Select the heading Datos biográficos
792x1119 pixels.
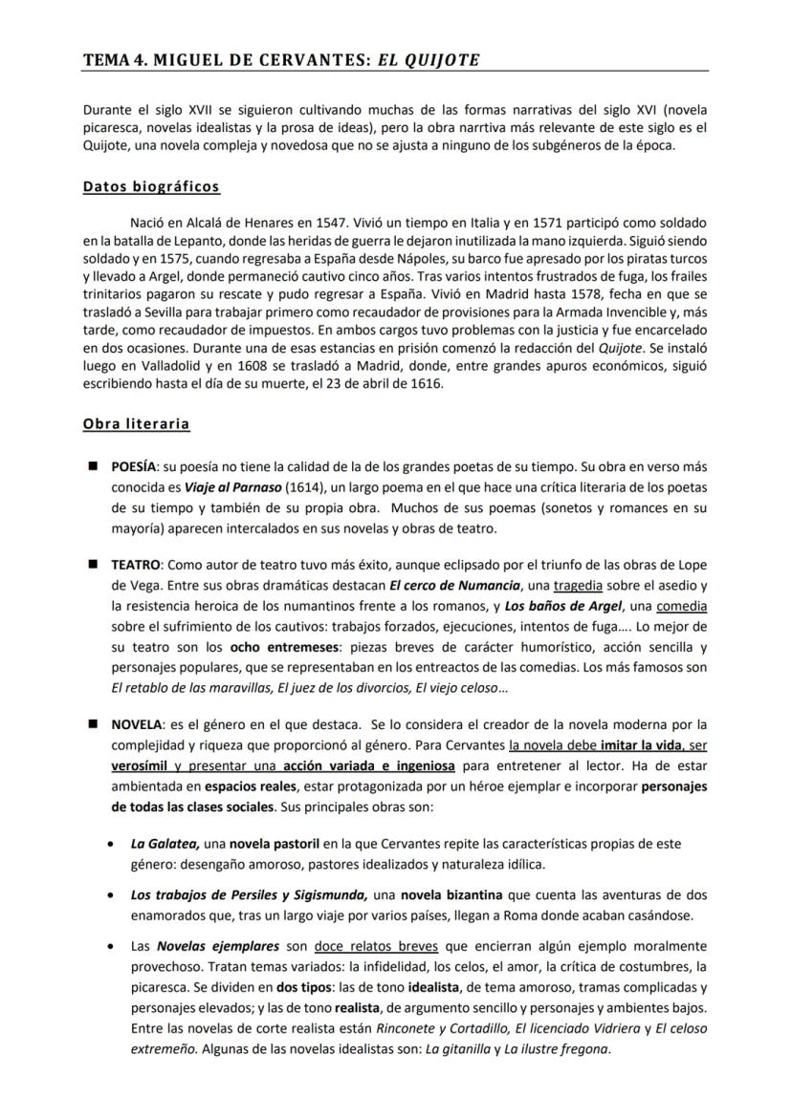151,186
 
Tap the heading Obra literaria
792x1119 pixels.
136,423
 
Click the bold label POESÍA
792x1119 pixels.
134,467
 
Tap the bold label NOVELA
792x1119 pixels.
137,723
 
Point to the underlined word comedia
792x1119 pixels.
682,606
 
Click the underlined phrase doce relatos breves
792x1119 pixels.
375,946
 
